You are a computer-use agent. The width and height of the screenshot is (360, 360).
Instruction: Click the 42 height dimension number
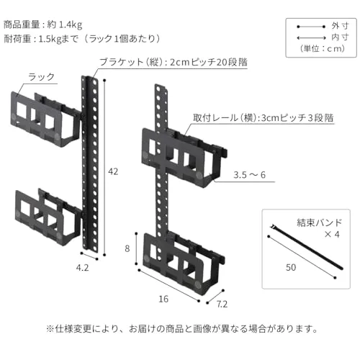[113, 171]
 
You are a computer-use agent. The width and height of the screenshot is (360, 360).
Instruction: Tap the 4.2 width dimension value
[82, 268]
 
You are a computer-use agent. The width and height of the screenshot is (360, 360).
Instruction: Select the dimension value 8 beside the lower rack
[127, 248]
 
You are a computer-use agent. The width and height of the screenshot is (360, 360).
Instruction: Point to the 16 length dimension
[163, 299]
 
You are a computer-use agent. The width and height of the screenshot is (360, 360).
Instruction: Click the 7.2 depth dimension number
[222, 304]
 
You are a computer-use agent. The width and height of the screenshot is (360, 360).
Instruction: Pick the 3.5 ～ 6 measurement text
[249, 175]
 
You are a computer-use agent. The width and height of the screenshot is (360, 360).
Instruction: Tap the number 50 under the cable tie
[291, 267]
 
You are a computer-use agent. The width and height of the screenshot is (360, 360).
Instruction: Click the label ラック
[41, 77]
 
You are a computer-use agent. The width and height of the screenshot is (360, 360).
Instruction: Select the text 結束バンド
[319, 222]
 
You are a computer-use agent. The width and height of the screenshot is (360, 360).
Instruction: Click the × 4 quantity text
[332, 234]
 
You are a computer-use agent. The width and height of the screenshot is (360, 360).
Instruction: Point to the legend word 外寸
[340, 26]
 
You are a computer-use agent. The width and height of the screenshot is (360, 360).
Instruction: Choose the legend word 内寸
[340, 37]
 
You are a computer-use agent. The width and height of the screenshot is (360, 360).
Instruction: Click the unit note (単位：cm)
[323, 49]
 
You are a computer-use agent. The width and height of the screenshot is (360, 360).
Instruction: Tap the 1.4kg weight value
[71, 24]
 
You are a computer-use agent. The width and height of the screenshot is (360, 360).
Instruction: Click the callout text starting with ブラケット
[174, 63]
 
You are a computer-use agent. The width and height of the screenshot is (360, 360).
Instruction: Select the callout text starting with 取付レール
[264, 118]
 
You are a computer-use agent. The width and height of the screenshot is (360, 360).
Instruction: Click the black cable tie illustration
[307, 247]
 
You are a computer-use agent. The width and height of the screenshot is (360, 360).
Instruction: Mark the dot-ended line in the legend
[311, 27]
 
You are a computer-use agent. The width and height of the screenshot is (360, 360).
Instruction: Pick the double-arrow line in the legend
[311, 37]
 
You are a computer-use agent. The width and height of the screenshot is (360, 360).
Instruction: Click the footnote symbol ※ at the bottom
[50, 328]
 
